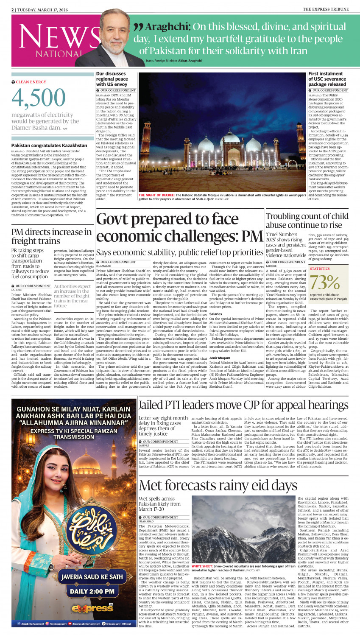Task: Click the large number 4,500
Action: [33, 98]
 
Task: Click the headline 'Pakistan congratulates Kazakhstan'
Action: [49, 145]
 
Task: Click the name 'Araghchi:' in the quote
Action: [168, 27]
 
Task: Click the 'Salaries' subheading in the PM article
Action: [215, 314]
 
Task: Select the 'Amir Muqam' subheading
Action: [220, 358]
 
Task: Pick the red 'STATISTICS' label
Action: [320, 269]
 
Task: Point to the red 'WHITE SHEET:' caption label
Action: [202, 566]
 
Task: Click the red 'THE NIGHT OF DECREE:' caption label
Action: [156, 195]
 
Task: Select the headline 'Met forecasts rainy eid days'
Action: [218, 485]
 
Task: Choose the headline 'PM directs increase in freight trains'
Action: [51, 236]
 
